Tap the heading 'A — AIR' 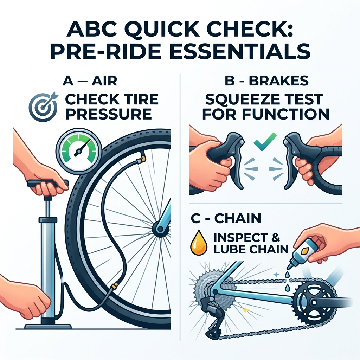coord(89,81)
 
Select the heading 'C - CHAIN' coord(225,219)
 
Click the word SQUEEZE coord(243,100)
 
